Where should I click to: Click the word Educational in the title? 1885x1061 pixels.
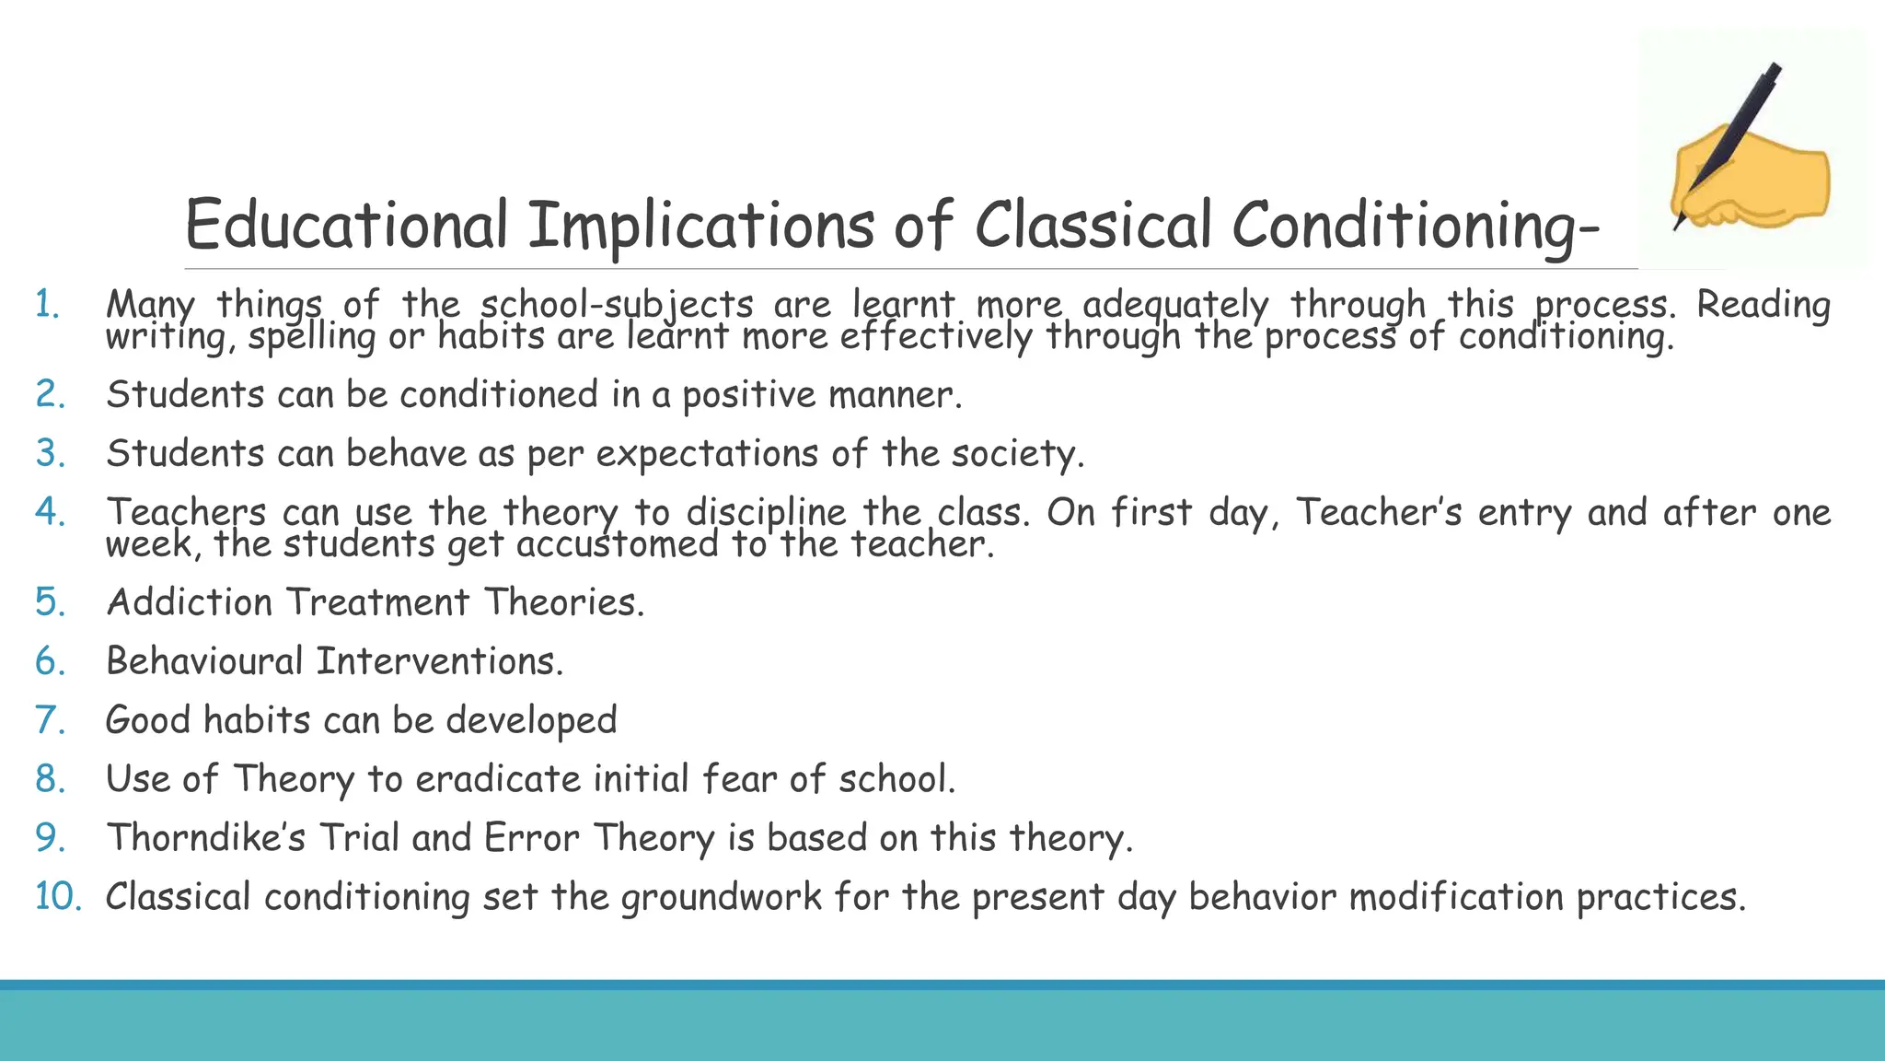click(x=346, y=225)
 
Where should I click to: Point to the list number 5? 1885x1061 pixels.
click(x=50, y=602)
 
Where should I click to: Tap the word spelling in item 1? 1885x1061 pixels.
click(x=312, y=337)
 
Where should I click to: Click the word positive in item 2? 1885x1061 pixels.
click(x=748, y=395)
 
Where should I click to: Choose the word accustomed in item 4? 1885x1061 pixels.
click(x=617, y=544)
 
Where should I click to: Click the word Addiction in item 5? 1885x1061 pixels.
click(x=190, y=602)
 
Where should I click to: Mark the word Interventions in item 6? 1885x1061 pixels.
click(x=439, y=661)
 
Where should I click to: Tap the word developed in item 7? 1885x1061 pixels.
click(x=531, y=720)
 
